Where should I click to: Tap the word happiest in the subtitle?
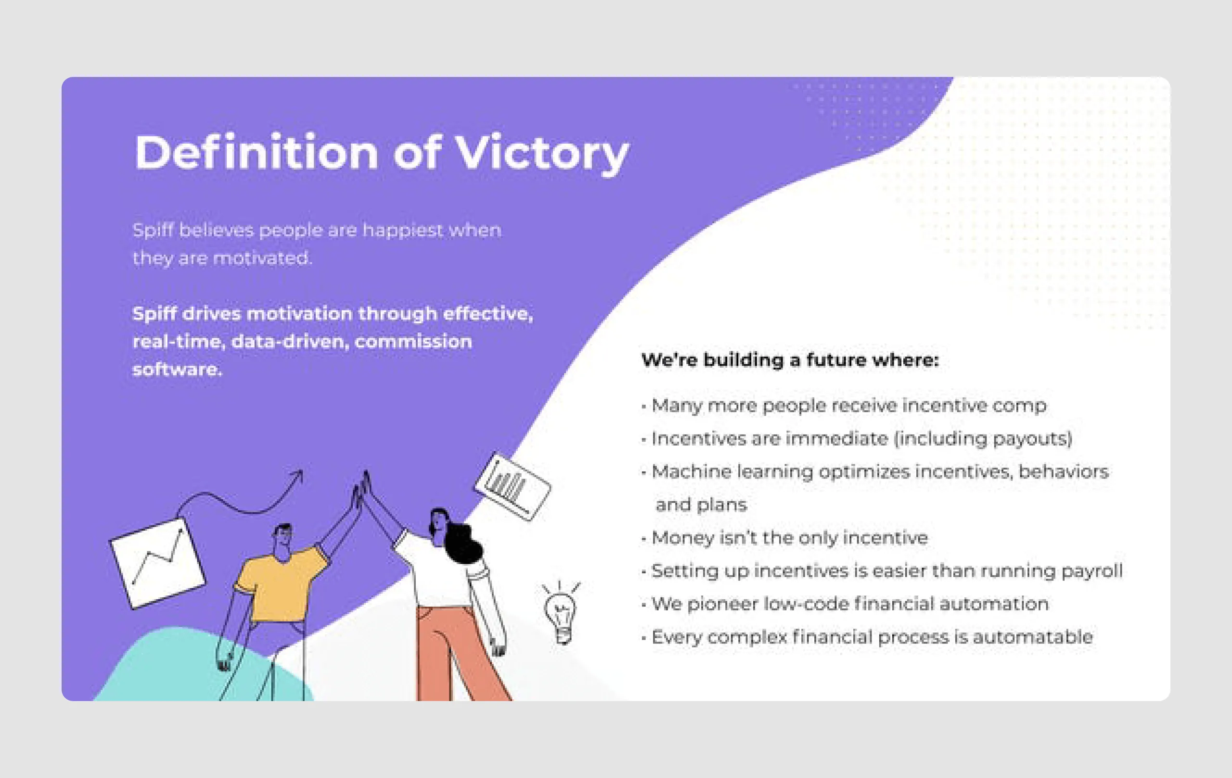tap(403, 230)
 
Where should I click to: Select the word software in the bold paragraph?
tap(177, 369)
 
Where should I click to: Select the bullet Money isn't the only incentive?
tap(789, 538)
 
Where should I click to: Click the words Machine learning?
tap(731, 471)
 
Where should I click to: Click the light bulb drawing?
tap(561, 613)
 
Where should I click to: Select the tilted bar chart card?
tap(512, 486)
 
